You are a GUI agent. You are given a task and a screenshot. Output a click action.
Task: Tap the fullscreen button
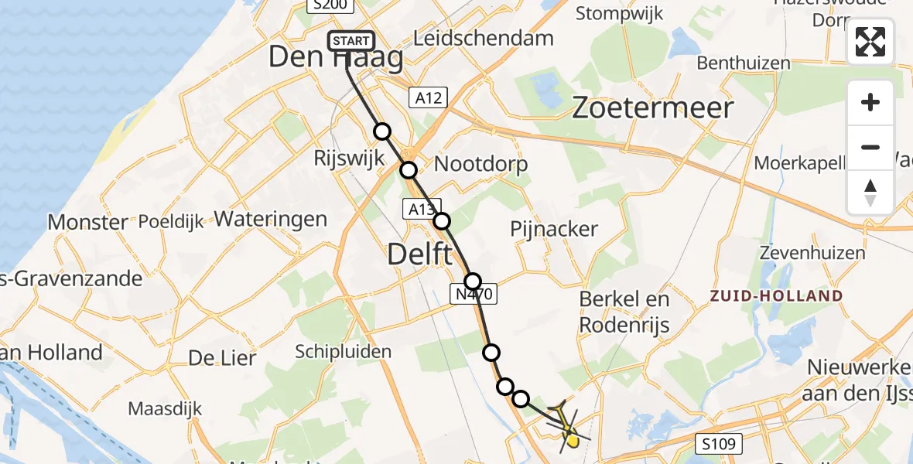870,42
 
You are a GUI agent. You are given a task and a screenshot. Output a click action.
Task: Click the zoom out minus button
870,147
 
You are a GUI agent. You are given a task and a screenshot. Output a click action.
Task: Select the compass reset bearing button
870,192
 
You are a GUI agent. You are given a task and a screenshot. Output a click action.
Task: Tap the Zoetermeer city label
652,108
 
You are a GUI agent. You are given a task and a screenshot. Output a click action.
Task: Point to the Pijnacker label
554,229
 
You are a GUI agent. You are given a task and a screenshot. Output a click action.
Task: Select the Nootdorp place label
480,164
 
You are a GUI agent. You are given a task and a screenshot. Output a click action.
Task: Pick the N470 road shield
471,293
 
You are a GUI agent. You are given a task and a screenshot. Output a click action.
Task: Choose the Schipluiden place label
343,352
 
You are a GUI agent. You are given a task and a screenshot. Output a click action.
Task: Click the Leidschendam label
484,38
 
